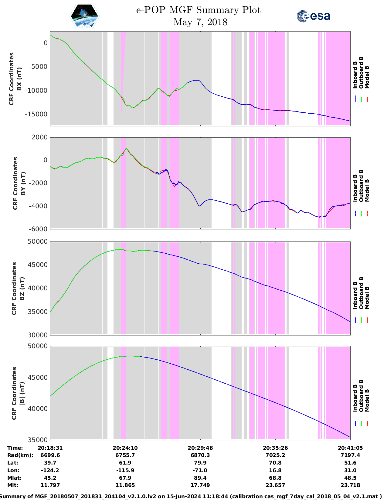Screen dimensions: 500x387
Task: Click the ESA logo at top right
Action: point(313,16)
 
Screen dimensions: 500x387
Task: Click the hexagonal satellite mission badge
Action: point(84,16)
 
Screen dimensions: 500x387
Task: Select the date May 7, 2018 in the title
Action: point(200,22)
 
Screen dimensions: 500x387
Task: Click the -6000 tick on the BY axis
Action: point(38,229)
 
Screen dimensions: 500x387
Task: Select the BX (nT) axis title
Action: point(19,78)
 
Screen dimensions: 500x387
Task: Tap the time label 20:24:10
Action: point(125,448)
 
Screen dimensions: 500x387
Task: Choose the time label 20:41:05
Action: point(350,448)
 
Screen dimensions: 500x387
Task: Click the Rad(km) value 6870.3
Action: point(200,455)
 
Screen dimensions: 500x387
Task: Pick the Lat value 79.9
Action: point(200,463)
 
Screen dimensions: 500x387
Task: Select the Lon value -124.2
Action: point(50,470)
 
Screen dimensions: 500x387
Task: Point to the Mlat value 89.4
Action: point(200,478)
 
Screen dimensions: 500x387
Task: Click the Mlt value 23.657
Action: point(275,485)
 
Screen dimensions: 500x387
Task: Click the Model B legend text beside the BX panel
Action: point(367,77)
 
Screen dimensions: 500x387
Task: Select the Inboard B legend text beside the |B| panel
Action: point(355,398)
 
